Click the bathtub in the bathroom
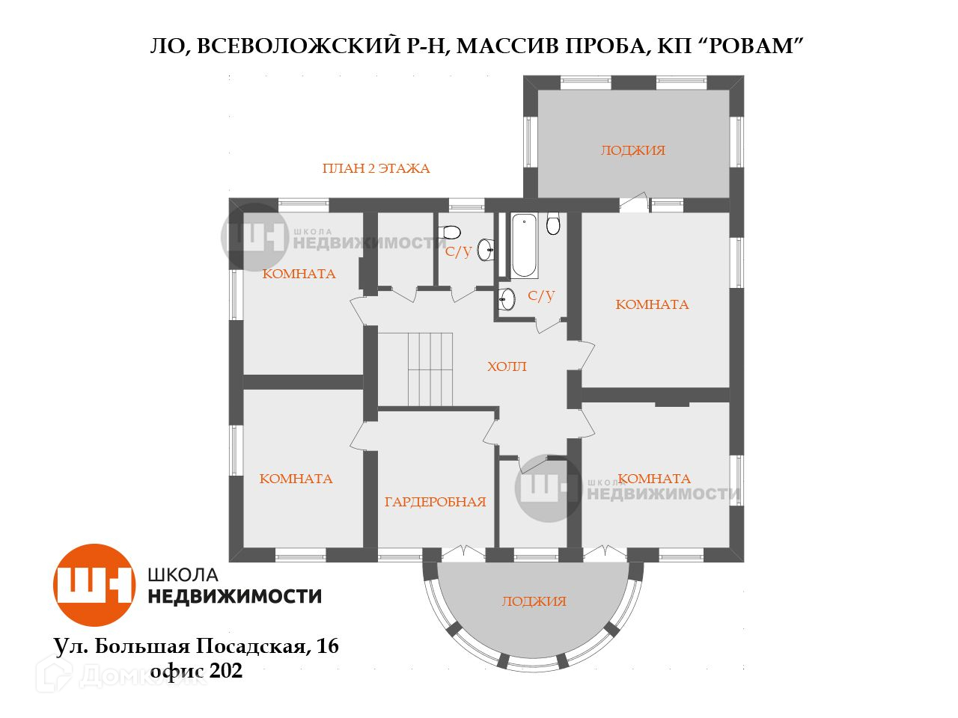point(523,245)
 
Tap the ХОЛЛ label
point(507,367)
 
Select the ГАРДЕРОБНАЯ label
point(435,502)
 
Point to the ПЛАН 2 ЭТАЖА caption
point(376,168)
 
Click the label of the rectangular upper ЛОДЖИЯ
point(632,150)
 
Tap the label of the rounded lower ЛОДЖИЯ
point(534,601)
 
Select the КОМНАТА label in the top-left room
point(299,274)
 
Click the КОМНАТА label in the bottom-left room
point(296,479)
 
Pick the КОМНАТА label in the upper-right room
point(652,304)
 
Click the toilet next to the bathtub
point(553,224)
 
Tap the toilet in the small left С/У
point(452,232)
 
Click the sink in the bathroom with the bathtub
point(507,299)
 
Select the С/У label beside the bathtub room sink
point(541,296)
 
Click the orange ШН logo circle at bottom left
point(94,585)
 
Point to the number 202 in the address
point(227,671)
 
